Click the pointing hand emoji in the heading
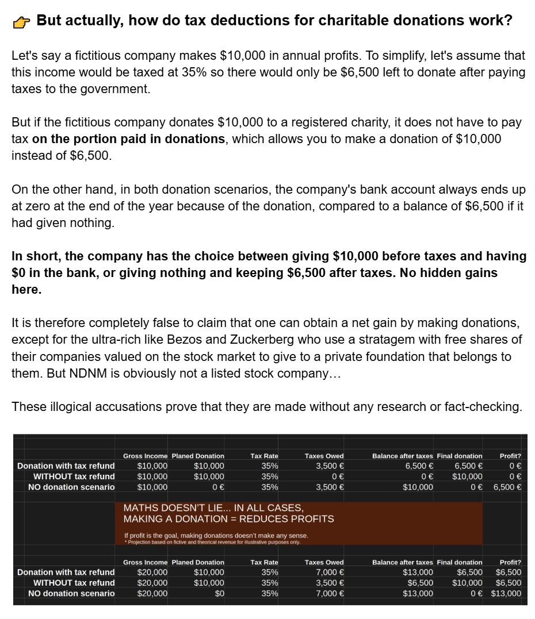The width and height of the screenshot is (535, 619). pos(22,22)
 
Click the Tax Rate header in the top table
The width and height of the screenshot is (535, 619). pos(264,456)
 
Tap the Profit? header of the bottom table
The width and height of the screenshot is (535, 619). pos(510,562)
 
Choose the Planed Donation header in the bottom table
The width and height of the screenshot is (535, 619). pos(198,562)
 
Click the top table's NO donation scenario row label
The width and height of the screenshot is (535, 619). pos(71,487)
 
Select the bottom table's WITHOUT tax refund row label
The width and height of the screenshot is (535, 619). pos(74,583)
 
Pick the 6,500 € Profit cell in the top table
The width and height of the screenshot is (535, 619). pos(507,487)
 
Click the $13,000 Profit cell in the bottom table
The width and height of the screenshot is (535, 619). pos(506,593)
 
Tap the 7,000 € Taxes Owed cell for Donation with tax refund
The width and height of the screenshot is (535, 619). pos(330,572)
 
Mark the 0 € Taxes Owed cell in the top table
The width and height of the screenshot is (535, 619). pos(338,476)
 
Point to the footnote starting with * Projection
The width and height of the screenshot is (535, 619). pos(213,542)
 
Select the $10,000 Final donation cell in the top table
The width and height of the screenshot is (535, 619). pos(467,476)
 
